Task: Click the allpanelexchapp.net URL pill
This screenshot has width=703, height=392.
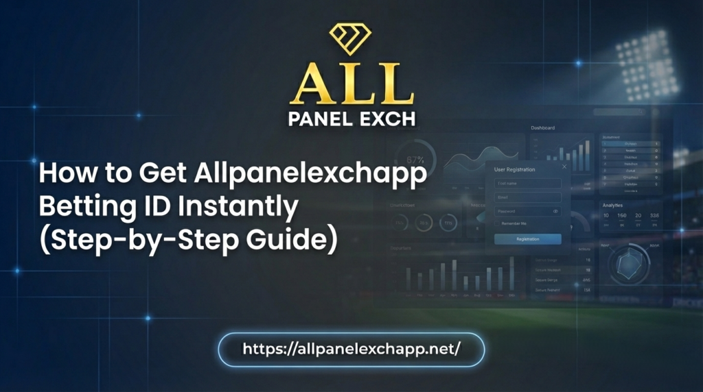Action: [x=351, y=349]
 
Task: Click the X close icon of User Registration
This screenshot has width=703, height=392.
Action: [x=564, y=167]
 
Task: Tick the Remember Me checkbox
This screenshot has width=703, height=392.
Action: [x=497, y=223]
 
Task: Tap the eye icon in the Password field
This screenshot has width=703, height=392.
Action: [x=555, y=211]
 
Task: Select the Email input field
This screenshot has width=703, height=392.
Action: [x=527, y=197]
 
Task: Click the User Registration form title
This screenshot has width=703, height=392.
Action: [x=514, y=169]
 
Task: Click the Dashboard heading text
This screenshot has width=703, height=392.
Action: [x=542, y=128]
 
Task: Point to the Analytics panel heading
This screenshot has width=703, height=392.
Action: [x=612, y=205]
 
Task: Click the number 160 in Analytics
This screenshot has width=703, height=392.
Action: [x=622, y=216]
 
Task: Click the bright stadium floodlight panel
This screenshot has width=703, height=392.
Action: [x=645, y=62]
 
